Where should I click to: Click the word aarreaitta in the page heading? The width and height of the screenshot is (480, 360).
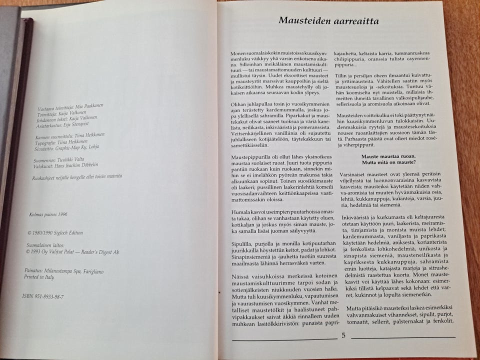pyautogui.click(x=355, y=21)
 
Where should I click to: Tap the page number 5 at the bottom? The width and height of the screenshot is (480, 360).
pyautogui.click(x=343, y=335)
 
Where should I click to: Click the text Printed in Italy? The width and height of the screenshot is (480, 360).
pyautogui.click(x=39, y=276)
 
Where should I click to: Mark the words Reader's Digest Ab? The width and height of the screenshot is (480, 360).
pyautogui.click(x=96, y=252)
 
